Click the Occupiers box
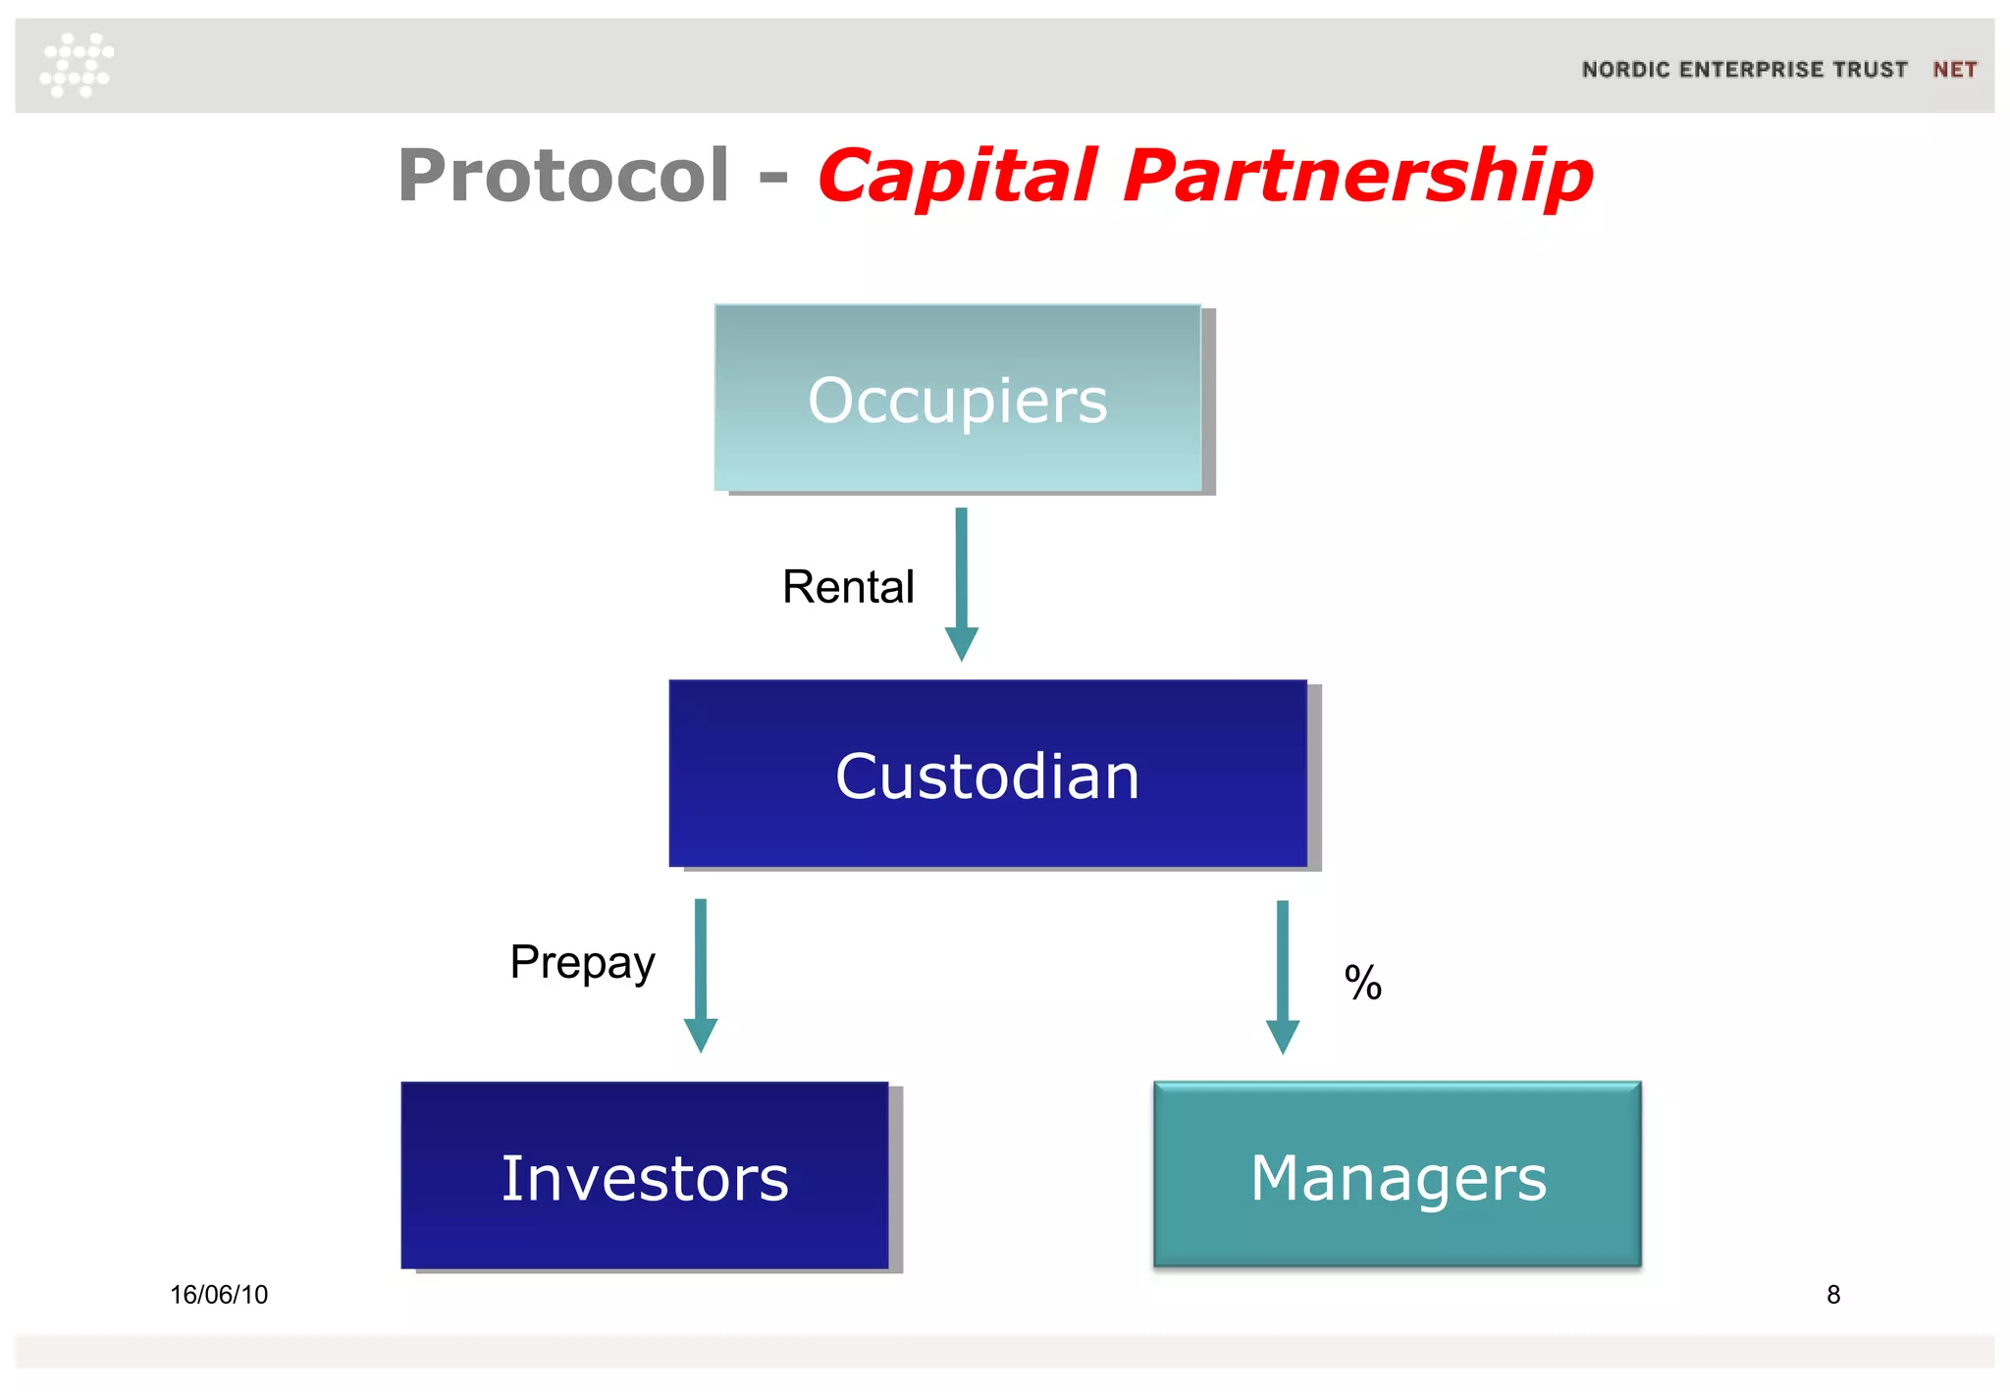coord(958,398)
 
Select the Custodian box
coord(987,774)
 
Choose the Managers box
coord(1397,1174)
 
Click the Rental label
coord(848,587)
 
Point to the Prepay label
coord(582,962)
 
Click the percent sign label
coord(1362,983)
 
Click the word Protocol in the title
coord(563,177)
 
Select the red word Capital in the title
coord(957,177)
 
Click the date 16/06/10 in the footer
coord(219,1295)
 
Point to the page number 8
coord(1832,1295)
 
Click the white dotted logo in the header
coord(77,65)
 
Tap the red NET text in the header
coord(1954,70)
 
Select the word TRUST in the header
coord(1872,70)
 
